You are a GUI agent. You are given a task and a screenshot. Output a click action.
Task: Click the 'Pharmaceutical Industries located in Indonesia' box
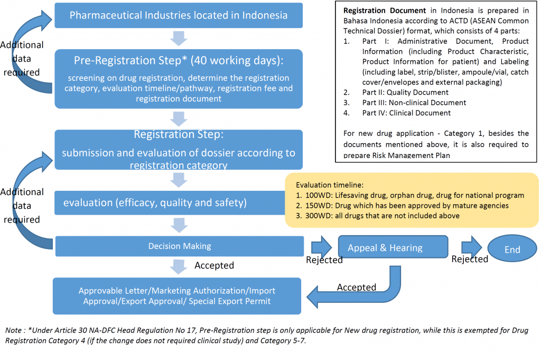(x=179, y=15)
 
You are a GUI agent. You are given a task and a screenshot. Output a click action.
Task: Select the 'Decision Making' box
(x=179, y=246)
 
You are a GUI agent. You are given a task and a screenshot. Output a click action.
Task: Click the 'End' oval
(x=511, y=250)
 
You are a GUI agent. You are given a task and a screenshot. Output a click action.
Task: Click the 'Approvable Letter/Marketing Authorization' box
(x=176, y=296)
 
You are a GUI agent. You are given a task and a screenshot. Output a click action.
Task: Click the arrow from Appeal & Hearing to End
(x=471, y=246)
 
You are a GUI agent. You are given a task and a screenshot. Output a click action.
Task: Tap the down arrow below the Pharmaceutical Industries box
(x=179, y=39)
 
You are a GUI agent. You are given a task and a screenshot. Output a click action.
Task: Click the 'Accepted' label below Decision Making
(x=214, y=265)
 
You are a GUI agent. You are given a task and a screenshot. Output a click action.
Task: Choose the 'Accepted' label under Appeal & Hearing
(x=357, y=287)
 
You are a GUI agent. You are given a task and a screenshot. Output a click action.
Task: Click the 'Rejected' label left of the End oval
(x=469, y=259)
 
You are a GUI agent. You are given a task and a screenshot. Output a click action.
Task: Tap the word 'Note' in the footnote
(x=14, y=330)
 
